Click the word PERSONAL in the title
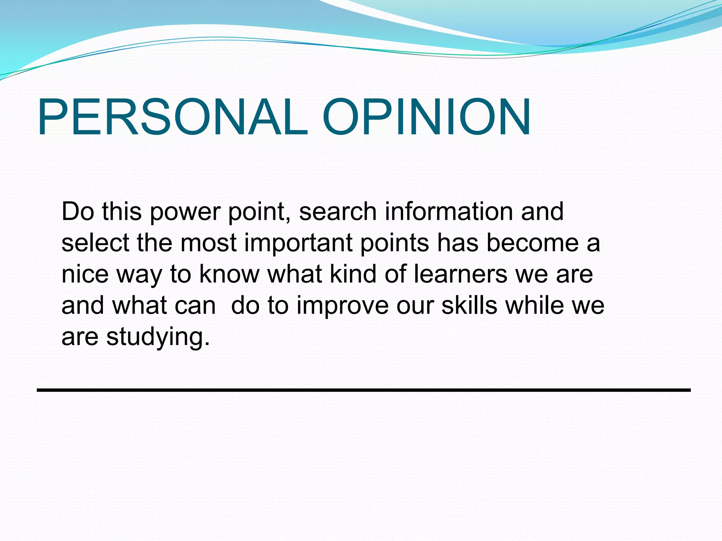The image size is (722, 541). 173,117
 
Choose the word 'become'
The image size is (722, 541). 532,243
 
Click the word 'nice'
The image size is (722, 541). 85,274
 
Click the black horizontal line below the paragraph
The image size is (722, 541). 363,390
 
